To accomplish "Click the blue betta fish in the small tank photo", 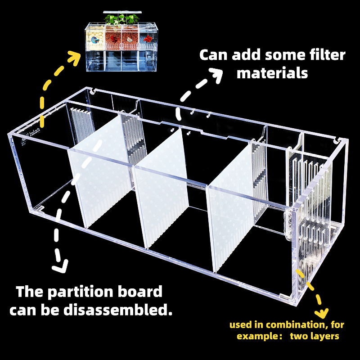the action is pyautogui.click(x=95, y=40).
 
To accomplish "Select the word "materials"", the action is pyautogui.click(x=272, y=72).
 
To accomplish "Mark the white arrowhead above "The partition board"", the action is pyautogui.click(x=60, y=266).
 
